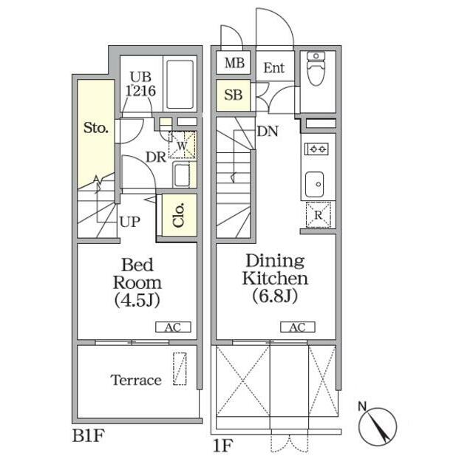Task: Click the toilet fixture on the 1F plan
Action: (x=316, y=69)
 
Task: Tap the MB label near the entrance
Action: (x=234, y=63)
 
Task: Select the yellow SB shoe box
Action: (x=234, y=95)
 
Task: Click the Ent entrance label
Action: (x=274, y=68)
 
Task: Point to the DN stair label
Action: (x=268, y=132)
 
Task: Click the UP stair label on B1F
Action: (x=130, y=222)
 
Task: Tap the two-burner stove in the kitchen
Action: (x=316, y=149)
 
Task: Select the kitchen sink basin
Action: (x=315, y=184)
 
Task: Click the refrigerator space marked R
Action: (x=319, y=214)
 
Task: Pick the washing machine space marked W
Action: (x=182, y=145)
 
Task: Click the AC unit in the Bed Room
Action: (x=173, y=327)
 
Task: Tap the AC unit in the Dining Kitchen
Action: (x=298, y=327)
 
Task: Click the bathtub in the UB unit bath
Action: (x=180, y=84)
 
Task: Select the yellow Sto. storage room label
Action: (x=95, y=128)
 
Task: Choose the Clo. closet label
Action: (x=179, y=215)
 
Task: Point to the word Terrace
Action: (x=136, y=380)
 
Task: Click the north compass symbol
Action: (x=377, y=425)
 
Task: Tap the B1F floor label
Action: (x=88, y=435)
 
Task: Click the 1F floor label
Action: (x=223, y=446)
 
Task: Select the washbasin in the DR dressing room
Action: (x=180, y=175)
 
